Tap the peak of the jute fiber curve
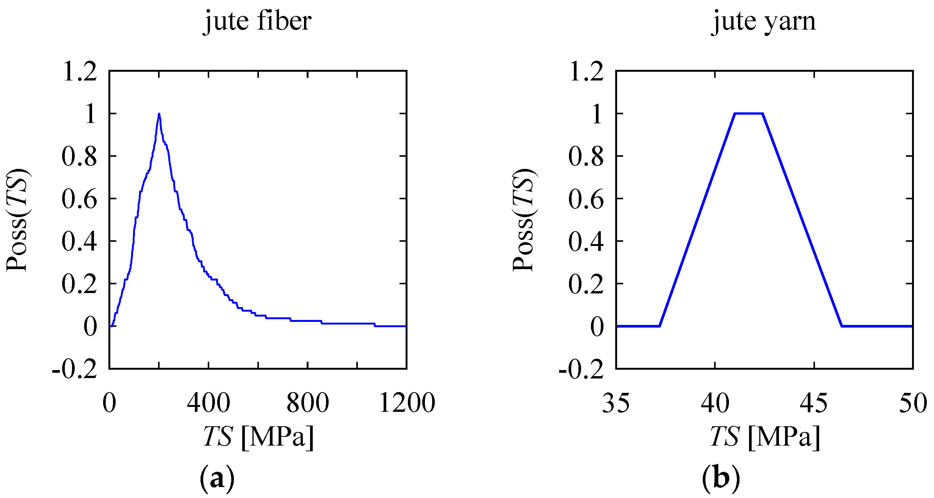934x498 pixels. pyautogui.click(x=159, y=114)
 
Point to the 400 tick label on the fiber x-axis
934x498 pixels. pyautogui.click(x=208, y=403)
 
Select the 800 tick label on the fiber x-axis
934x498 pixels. pyautogui.click(x=307, y=403)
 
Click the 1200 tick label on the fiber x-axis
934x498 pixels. pyautogui.click(x=407, y=403)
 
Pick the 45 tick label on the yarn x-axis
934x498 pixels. pyautogui.click(x=814, y=403)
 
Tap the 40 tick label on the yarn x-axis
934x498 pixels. pyautogui.click(x=715, y=403)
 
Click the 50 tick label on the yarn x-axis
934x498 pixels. pyautogui.click(x=913, y=403)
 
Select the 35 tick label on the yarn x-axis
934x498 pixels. pyautogui.click(x=616, y=403)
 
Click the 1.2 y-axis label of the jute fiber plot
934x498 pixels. pyautogui.click(x=80, y=71)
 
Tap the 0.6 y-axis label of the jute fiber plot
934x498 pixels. pyautogui.click(x=80, y=199)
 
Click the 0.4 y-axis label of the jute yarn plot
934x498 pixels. pyautogui.click(x=586, y=241)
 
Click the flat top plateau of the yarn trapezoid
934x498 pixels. pyautogui.click(x=748, y=113)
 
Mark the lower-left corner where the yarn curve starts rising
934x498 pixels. pyautogui.click(x=660, y=326)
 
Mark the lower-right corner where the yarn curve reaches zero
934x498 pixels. pyautogui.click(x=842, y=326)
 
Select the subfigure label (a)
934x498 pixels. pyautogui.click(x=217, y=479)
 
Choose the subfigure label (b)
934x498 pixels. pyautogui.click(x=721, y=479)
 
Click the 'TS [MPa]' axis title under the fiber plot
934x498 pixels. pyautogui.click(x=258, y=437)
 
